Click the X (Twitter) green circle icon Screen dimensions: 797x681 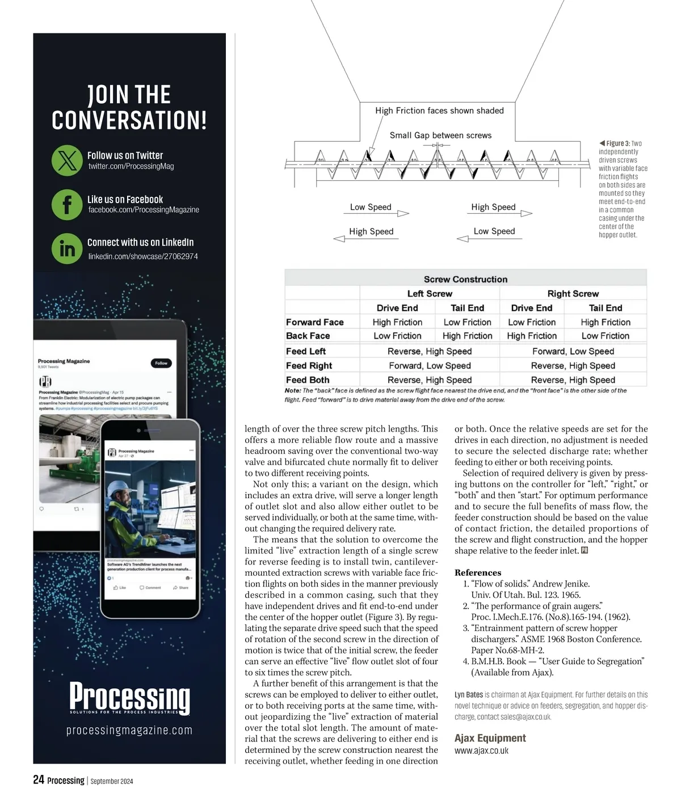67,161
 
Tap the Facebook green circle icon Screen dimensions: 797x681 67,204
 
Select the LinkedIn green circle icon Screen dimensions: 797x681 67,248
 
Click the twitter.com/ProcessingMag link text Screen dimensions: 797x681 131,166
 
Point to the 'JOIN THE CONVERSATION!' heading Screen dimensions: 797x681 129,107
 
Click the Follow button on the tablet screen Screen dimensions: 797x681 161,363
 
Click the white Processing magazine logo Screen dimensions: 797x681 129,697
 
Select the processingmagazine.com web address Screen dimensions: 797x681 129,730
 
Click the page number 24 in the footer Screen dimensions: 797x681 39,780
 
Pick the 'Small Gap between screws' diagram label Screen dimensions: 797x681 440,135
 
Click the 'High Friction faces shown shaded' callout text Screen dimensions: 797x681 439,111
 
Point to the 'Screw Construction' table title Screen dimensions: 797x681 465,279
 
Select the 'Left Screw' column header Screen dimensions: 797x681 430,293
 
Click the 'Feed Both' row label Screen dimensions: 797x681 308,379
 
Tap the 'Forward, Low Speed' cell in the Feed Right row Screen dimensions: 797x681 430,365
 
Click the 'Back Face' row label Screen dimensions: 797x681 308,336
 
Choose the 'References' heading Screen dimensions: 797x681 478,572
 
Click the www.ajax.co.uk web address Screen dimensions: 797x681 481,750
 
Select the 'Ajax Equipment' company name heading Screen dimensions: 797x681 490,737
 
